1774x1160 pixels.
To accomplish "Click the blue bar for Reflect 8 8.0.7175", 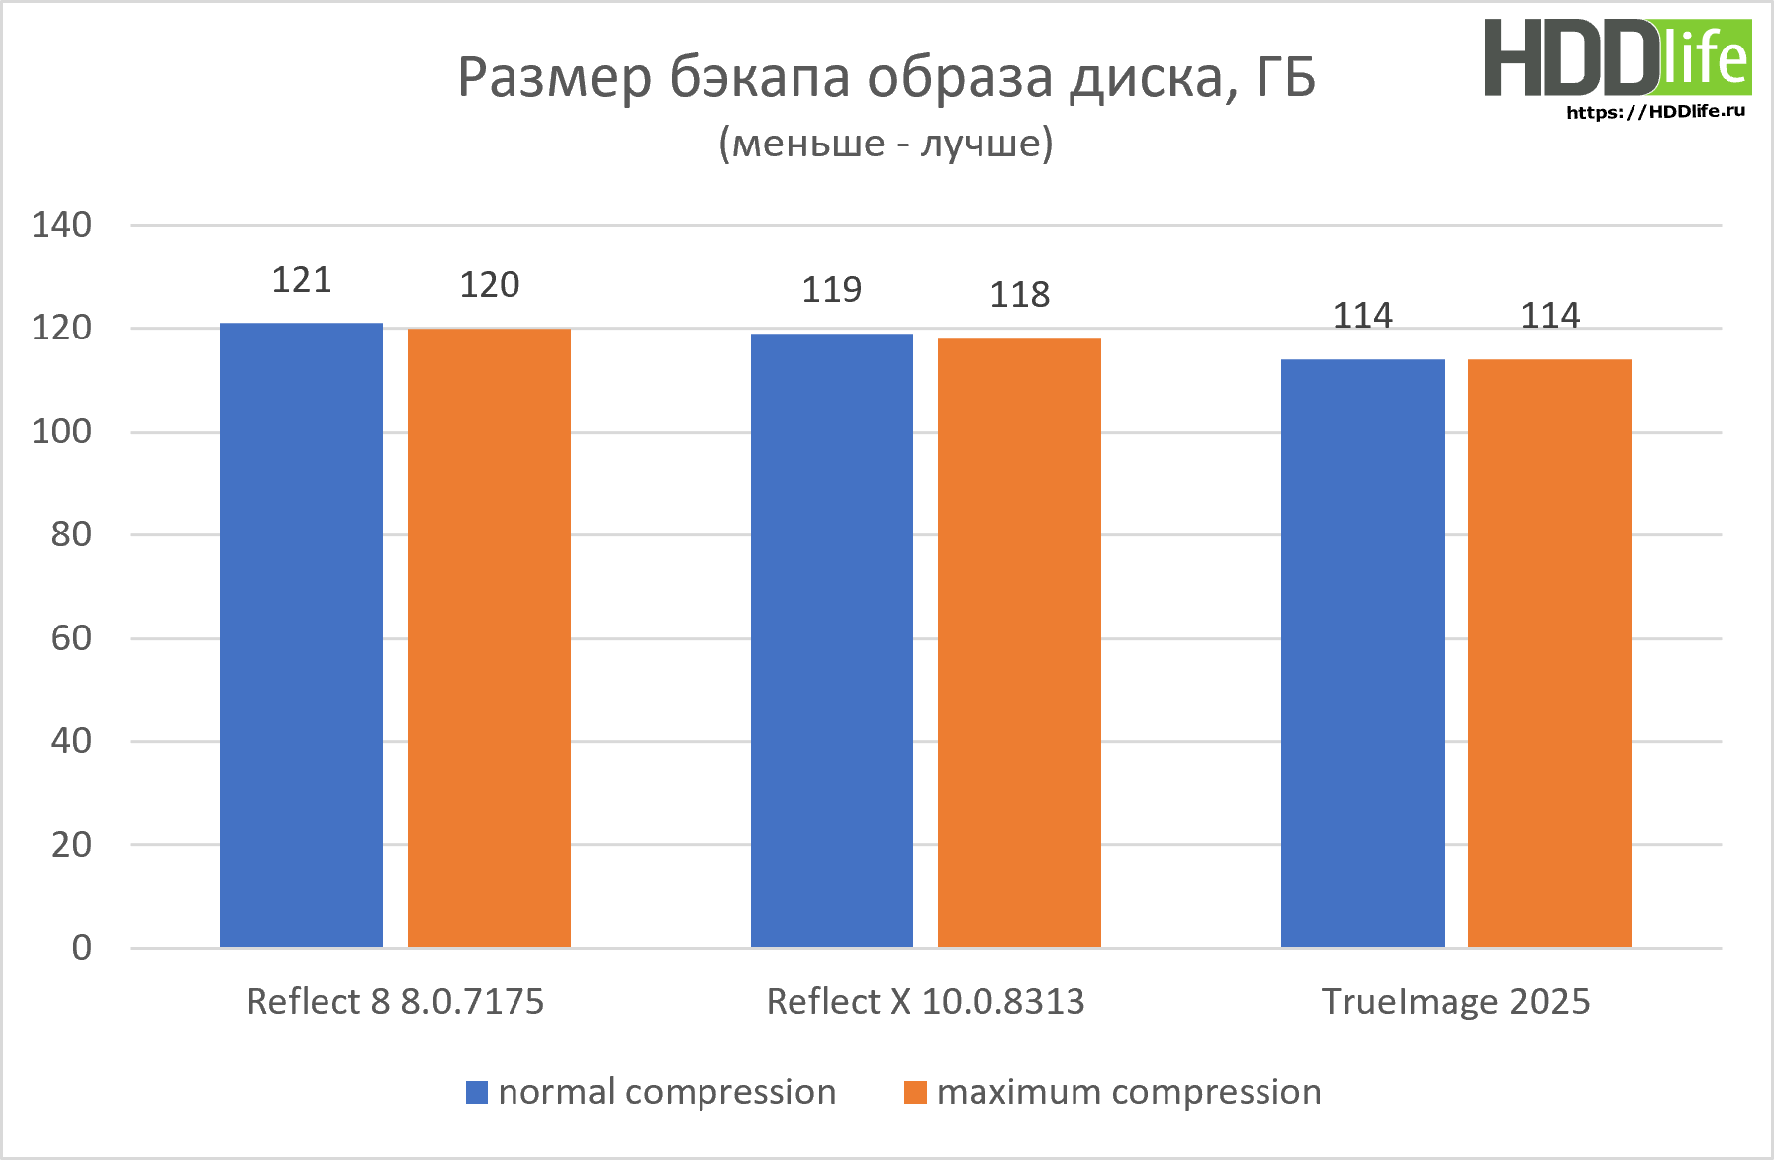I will coord(301,634).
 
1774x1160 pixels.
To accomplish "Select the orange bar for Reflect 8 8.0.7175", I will coord(489,637).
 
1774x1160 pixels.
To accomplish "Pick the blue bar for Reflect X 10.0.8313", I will coord(831,640).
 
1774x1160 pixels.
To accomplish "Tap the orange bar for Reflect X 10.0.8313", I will coord(1019,643).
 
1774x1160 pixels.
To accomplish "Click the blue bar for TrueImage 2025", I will coord(1362,653).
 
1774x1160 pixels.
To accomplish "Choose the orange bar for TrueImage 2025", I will coord(1549,653).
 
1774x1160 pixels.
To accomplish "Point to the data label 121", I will coord(302,280).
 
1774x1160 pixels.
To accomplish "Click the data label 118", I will coord(1020,294).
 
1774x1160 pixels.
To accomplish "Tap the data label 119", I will coord(831,289).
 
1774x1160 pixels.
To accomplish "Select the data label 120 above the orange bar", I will coord(490,285).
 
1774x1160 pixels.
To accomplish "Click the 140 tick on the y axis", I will coord(61,225).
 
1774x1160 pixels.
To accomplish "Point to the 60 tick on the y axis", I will coord(71,638).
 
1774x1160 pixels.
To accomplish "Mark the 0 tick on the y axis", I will coord(81,948).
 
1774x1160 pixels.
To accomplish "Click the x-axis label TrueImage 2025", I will coord(1455,1002).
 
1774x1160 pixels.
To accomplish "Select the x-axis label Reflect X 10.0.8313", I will coord(925,1002).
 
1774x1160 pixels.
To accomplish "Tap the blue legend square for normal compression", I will coord(477,1092).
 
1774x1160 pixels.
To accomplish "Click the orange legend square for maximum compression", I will coord(915,1092).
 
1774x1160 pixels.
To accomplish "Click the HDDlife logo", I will coord(1618,57).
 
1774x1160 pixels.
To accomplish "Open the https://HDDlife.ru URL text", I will coord(1655,111).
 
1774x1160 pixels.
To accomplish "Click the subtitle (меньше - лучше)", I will coord(886,144).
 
